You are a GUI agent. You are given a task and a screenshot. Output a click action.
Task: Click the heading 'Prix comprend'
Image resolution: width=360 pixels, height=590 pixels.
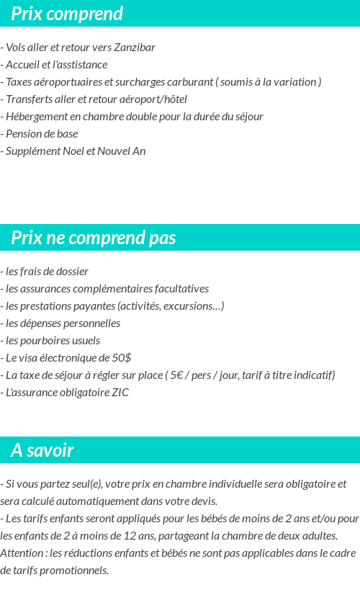pos(67,14)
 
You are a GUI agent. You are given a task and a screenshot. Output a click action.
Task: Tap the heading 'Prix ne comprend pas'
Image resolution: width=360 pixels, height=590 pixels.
pos(93,238)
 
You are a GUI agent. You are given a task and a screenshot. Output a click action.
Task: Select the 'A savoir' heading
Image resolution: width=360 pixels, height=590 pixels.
pos(42,451)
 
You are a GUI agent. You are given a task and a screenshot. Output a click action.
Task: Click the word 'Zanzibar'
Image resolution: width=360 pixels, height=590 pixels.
pos(135,48)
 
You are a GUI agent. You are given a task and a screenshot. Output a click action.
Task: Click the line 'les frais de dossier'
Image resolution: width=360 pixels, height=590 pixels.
pos(46,272)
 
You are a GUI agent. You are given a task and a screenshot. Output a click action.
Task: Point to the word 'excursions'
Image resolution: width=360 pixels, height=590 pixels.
pos(194,306)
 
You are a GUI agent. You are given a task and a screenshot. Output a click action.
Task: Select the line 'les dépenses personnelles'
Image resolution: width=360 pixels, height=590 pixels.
pos(62,323)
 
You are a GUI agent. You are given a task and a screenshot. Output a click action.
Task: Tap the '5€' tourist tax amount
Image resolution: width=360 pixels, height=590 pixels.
pos(177,375)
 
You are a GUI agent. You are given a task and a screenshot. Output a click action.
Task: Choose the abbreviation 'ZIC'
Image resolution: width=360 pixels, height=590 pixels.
pos(120,393)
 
